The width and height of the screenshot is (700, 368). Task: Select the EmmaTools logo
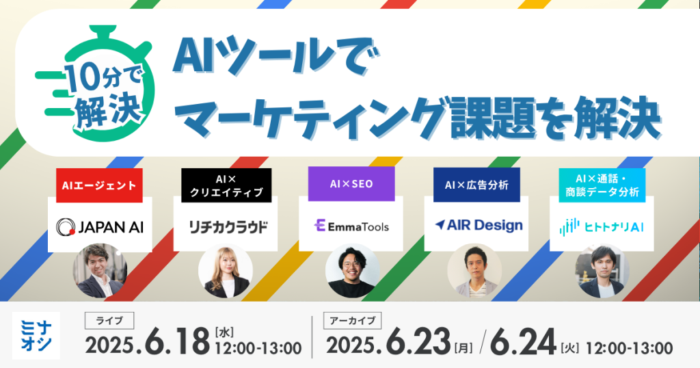[351, 225]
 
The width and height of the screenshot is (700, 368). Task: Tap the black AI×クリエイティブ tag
[226, 185]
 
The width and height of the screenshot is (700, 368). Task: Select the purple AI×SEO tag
[351, 185]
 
